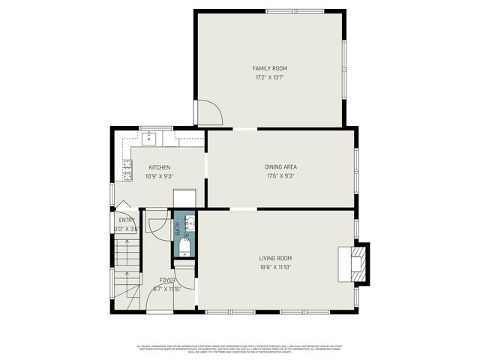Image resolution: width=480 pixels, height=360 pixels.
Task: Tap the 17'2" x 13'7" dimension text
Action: pos(269,76)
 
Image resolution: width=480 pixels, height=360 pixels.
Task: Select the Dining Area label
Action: pos(280,166)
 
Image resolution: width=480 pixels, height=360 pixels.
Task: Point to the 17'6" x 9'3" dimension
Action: pos(280,175)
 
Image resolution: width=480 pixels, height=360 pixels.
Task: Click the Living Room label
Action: pos(275,258)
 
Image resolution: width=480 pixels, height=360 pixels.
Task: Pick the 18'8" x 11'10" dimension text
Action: pos(275,267)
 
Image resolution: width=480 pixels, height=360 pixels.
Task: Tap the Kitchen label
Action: pos(159,167)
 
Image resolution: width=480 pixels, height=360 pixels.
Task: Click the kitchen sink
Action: pos(150,137)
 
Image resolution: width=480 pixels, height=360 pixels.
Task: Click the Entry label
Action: pos(127,220)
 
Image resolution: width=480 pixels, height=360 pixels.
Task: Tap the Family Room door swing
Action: pos(208,112)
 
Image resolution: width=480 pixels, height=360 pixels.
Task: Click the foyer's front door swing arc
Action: pos(159,300)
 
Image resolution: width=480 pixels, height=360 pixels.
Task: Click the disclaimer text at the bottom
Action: pos(240,349)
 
